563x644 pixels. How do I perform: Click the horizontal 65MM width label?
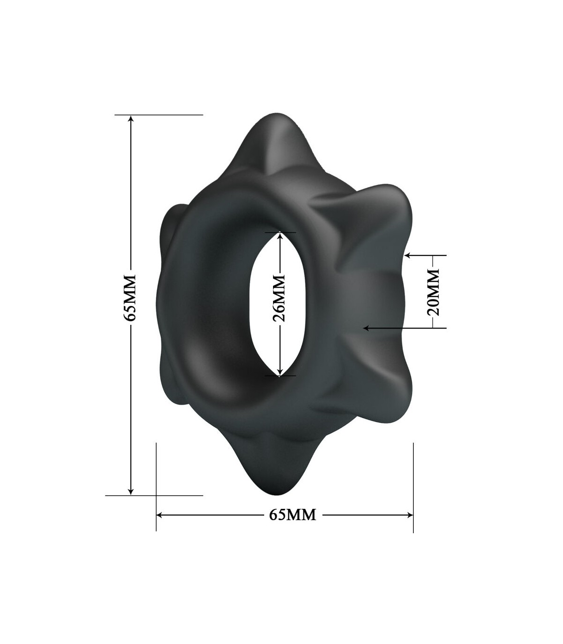tap(293, 515)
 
